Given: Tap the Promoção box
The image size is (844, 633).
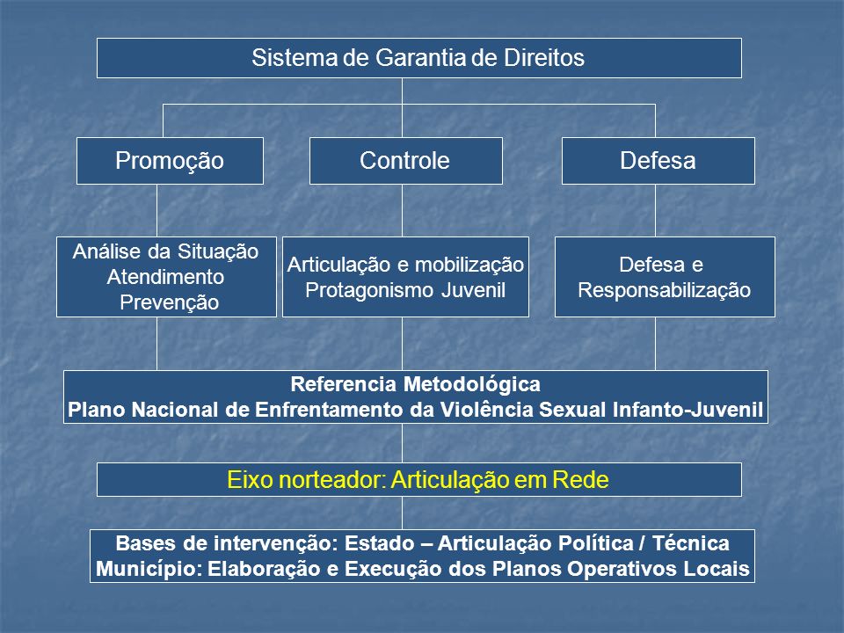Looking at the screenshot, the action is [170, 161].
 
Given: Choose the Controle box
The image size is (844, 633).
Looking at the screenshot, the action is [406, 161].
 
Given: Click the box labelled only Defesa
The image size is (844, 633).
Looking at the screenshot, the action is [658, 161].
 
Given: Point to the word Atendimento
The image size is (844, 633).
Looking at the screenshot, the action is [166, 277].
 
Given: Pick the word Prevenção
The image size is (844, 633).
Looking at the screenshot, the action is [170, 302].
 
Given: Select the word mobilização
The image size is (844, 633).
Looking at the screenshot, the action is [469, 265].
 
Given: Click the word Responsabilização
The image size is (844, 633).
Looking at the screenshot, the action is [665, 290].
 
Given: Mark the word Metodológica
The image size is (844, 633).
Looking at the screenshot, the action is [471, 384].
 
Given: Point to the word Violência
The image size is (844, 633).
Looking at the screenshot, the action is [487, 410].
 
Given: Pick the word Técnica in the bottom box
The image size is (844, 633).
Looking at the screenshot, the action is [691, 543].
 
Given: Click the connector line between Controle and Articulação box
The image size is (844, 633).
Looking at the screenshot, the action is [402, 210].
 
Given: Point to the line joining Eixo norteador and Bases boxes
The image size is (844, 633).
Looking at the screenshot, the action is [402, 513].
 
